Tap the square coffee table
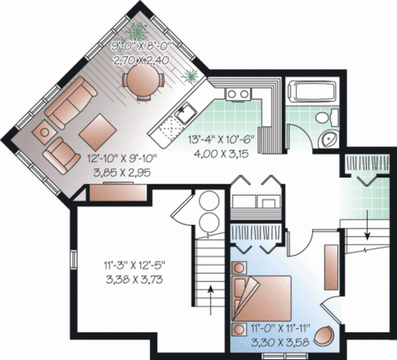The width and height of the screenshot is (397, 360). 97,128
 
